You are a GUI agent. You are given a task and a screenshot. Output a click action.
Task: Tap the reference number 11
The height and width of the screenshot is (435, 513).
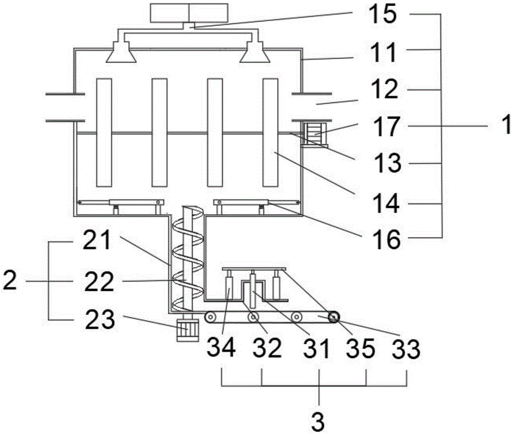click(383, 52)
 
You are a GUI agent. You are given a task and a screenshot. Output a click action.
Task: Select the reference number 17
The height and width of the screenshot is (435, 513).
click(386, 127)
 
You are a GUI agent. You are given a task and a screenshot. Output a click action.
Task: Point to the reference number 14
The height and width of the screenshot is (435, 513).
click(386, 203)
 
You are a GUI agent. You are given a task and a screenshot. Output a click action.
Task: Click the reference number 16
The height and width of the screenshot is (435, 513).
click(387, 239)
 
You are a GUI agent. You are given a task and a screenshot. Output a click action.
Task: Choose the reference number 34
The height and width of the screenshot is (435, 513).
click(221, 347)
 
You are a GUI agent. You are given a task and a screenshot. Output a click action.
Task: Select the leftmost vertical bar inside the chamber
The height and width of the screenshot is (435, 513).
click(104, 132)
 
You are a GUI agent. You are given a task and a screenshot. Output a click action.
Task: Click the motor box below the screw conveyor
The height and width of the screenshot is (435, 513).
click(187, 328)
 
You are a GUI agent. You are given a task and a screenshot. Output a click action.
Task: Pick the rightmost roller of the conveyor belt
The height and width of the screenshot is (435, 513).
click(334, 317)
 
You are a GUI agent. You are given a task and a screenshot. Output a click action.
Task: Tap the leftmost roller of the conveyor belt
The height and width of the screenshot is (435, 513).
click(210, 317)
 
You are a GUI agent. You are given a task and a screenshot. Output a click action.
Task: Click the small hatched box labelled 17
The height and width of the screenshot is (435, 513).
click(315, 133)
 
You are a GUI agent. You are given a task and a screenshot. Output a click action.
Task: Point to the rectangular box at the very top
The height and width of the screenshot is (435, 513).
click(189, 13)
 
